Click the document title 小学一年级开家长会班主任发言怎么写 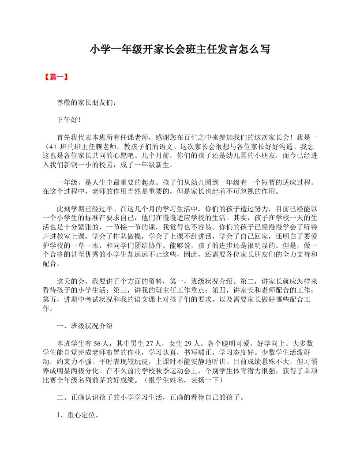[180, 49]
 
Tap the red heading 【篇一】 [56, 77]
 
